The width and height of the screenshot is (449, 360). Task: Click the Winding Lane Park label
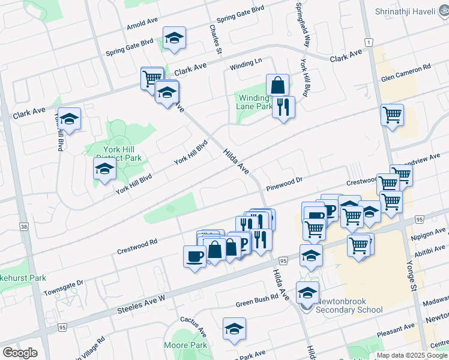click(254, 102)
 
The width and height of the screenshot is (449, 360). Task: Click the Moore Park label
click(185, 345)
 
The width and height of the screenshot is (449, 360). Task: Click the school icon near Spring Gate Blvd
click(174, 38)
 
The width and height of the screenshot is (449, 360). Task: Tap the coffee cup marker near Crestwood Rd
click(194, 256)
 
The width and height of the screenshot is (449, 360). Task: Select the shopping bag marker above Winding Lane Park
click(277, 85)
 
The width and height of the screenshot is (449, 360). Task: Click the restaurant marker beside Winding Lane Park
click(283, 107)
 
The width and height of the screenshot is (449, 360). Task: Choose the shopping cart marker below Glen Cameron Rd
click(392, 114)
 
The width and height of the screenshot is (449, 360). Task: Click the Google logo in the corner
click(20, 353)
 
